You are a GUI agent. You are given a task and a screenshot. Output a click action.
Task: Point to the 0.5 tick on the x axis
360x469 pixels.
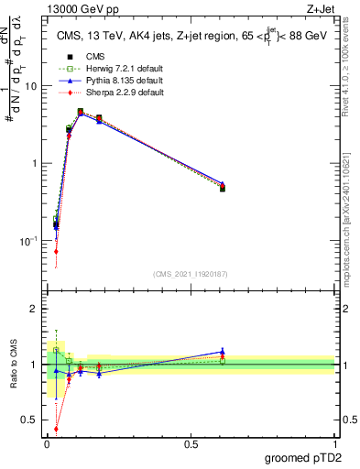191,443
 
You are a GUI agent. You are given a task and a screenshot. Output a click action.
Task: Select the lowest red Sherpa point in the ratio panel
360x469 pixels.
56,428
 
